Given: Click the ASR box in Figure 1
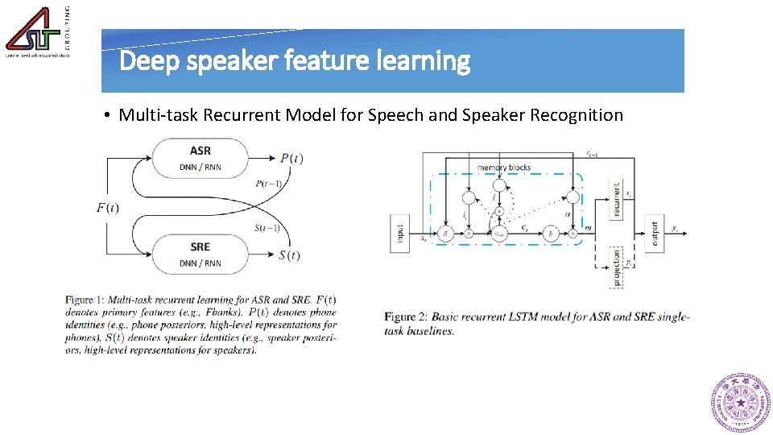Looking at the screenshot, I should pyautogui.click(x=200, y=158).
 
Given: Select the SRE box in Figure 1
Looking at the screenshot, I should pyautogui.click(x=200, y=253).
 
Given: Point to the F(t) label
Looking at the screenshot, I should pyautogui.click(x=108, y=208).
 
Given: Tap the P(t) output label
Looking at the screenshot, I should pyautogui.click(x=291, y=158).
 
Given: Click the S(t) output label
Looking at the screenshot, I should pyautogui.click(x=290, y=255).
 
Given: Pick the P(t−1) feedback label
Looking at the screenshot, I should pyautogui.click(x=267, y=184).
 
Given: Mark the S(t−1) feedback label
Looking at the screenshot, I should pyautogui.click(x=267, y=228).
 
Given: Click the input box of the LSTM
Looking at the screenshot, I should pyautogui.click(x=400, y=234).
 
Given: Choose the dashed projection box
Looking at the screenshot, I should pyautogui.click(x=617, y=267).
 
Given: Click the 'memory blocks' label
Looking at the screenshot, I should pyautogui.click(x=504, y=168).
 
